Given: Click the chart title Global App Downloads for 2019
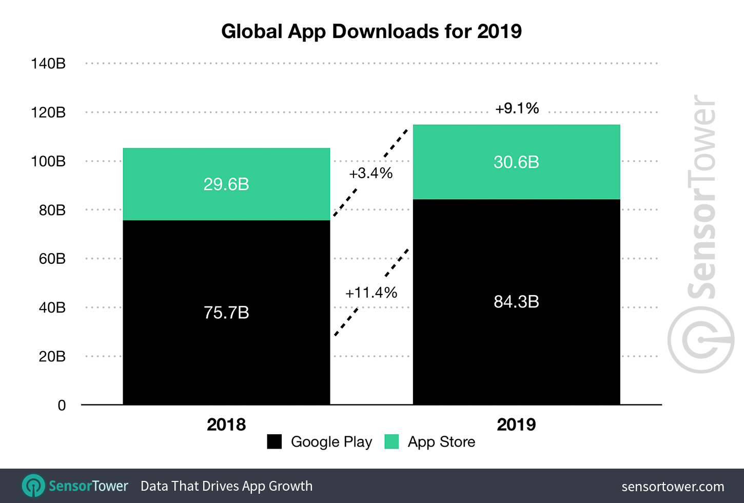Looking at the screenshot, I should pos(371,31).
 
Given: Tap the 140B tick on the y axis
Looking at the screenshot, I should pos(48,64).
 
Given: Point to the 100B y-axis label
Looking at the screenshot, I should pos(48,161).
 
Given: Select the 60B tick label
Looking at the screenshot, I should pos(52,259).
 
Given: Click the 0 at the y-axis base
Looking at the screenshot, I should pos(62,405).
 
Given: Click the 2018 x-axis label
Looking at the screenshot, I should pos(226,424).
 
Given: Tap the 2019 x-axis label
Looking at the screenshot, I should pos(516,424).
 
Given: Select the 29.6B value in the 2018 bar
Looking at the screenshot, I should pos(226,184).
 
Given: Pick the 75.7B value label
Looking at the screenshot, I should pos(226,313).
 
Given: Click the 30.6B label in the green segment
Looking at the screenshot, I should pos(516,162).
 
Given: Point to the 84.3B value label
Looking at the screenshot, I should pos(516,302).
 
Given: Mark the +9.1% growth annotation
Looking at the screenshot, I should pos(517,108).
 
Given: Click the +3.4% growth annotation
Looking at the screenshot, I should pos(370,173).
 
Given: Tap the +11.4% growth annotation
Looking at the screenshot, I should pos(371,293).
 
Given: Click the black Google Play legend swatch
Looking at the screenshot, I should pos(275,442).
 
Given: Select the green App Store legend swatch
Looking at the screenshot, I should pos(391,442).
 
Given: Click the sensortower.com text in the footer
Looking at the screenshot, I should pos(673,487).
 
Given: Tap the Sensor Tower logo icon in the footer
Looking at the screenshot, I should pos(34,486).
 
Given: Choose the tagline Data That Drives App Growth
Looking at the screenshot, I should pos(226,486).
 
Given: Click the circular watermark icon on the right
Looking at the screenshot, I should pos(700,340).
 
